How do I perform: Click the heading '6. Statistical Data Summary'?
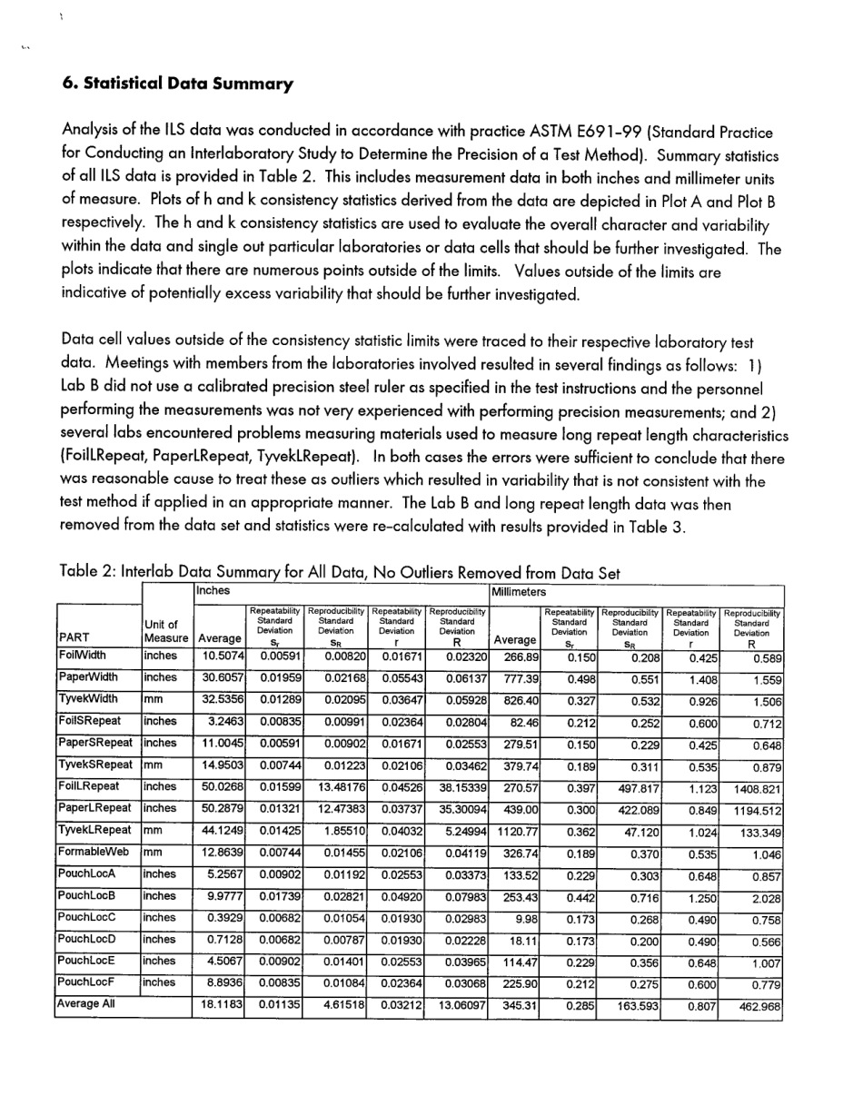click(178, 84)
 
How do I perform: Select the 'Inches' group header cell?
click(211, 592)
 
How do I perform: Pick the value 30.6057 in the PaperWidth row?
click(217, 677)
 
